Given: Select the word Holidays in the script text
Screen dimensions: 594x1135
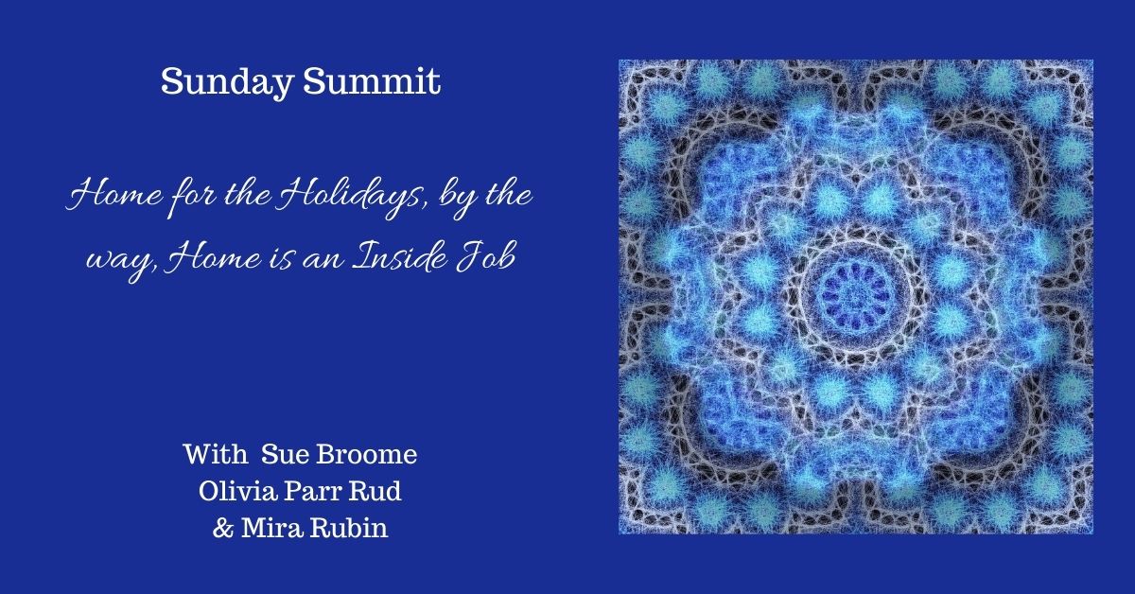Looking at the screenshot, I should [358, 201].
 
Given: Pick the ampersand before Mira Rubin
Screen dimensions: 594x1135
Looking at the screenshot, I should [223, 527].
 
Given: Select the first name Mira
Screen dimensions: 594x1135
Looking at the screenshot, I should [271, 527].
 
